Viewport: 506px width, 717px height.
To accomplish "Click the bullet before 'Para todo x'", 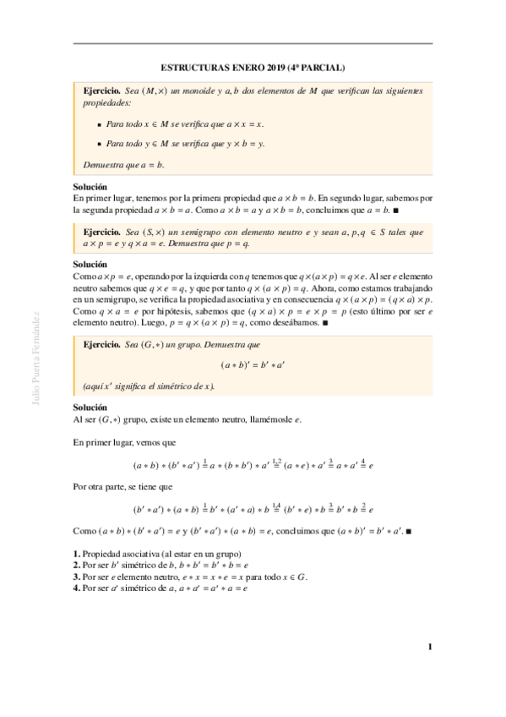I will (x=99, y=123).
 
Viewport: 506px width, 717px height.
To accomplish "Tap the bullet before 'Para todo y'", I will (x=99, y=144).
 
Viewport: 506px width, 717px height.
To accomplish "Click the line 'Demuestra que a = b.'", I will (x=124, y=165).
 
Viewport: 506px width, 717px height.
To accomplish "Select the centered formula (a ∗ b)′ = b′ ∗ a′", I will (x=253, y=365).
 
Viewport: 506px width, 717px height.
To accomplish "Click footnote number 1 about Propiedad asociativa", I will (x=75, y=553).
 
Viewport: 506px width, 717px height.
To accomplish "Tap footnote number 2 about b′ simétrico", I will (x=75, y=565).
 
